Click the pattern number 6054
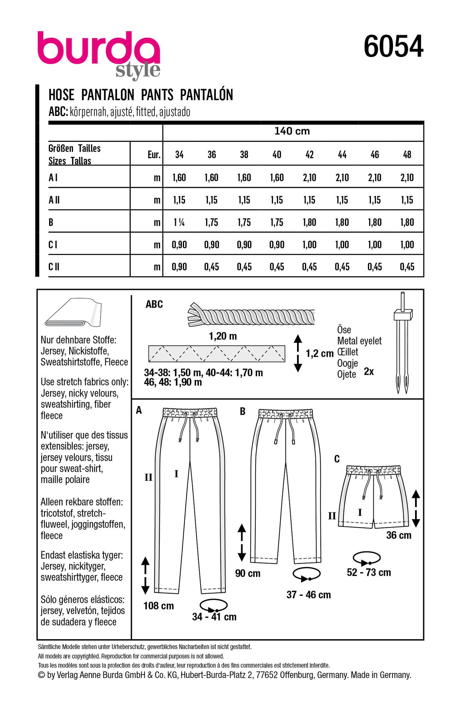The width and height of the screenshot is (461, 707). pyautogui.click(x=393, y=47)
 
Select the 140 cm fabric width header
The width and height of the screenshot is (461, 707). pyautogui.click(x=292, y=131)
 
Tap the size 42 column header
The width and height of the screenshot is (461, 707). pyautogui.click(x=309, y=155)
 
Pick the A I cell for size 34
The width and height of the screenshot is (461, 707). pyautogui.click(x=179, y=178)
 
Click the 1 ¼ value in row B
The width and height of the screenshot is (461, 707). pyautogui.click(x=179, y=222)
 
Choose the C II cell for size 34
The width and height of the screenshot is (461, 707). pyautogui.click(x=179, y=267)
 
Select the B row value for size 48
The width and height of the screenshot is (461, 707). pyautogui.click(x=407, y=222)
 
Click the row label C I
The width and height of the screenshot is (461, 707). pyautogui.click(x=53, y=245)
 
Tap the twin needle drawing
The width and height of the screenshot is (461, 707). pyautogui.click(x=402, y=342)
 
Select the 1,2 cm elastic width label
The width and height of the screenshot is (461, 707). pyautogui.click(x=319, y=353)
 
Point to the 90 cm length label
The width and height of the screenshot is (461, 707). pyautogui.click(x=248, y=573)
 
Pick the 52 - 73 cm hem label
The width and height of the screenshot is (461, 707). pyautogui.click(x=368, y=572)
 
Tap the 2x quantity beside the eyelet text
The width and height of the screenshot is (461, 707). pyautogui.click(x=368, y=371)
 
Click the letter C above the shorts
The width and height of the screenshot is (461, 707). pyautogui.click(x=337, y=459)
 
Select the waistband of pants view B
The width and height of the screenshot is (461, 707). pyautogui.click(x=286, y=414)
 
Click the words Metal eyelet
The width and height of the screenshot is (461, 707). pyautogui.click(x=359, y=341)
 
